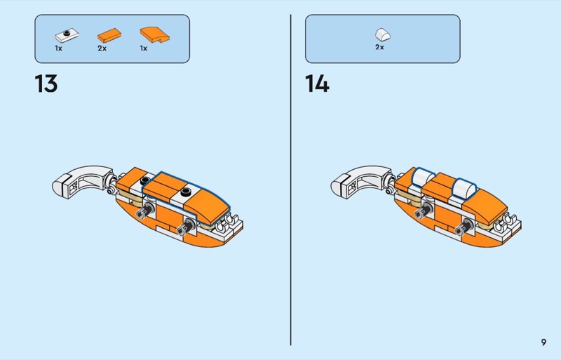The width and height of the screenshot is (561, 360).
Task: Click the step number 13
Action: [x=46, y=84]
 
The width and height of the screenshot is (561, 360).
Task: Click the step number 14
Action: [x=317, y=84]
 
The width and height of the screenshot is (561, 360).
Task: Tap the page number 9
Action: [x=543, y=342]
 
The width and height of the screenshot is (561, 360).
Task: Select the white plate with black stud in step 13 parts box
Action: [x=67, y=35]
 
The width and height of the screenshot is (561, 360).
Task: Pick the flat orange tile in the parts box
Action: [x=109, y=36]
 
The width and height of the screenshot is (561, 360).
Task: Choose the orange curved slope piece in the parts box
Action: [x=154, y=35]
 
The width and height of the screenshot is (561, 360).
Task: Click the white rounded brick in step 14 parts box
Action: [x=383, y=34]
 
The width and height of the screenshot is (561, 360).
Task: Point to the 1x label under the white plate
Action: [x=59, y=48]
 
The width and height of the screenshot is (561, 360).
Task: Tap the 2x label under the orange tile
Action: [x=102, y=48]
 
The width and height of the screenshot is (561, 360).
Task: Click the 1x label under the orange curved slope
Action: [x=144, y=48]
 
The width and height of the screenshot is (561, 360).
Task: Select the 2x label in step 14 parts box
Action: [x=379, y=47]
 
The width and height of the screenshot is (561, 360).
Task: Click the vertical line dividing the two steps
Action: [x=290, y=180]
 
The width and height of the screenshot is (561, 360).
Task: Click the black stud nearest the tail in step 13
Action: [x=145, y=180]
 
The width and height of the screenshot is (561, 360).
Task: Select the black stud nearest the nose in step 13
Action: [x=186, y=192]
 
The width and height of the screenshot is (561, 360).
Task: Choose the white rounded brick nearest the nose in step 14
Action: [x=464, y=187]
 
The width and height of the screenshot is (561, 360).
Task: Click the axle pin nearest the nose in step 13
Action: [x=186, y=227]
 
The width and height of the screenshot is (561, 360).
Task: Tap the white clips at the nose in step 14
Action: [x=507, y=221]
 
